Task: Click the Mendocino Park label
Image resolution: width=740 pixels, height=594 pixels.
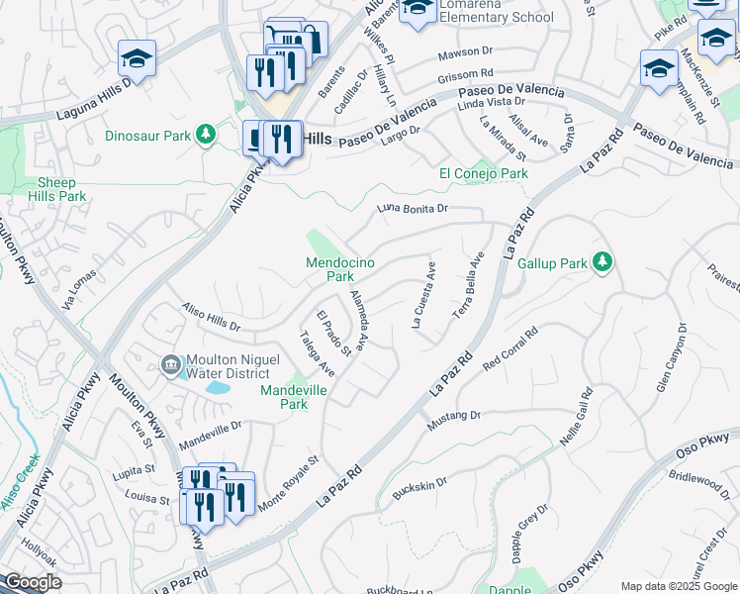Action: [329, 269]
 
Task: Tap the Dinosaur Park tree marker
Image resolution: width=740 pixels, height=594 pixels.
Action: [206, 134]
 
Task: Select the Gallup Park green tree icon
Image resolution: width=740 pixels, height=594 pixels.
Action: [601, 262]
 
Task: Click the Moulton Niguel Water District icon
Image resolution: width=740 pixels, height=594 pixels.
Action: [171, 366]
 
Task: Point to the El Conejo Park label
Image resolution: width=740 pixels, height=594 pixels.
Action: [483, 174]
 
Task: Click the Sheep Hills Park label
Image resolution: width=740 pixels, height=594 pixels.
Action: [62, 189]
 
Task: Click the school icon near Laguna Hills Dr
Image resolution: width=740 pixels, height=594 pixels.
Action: [137, 59]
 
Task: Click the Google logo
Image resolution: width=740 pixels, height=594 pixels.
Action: [33, 582]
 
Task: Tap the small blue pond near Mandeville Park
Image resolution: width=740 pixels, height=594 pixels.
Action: [215, 388]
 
